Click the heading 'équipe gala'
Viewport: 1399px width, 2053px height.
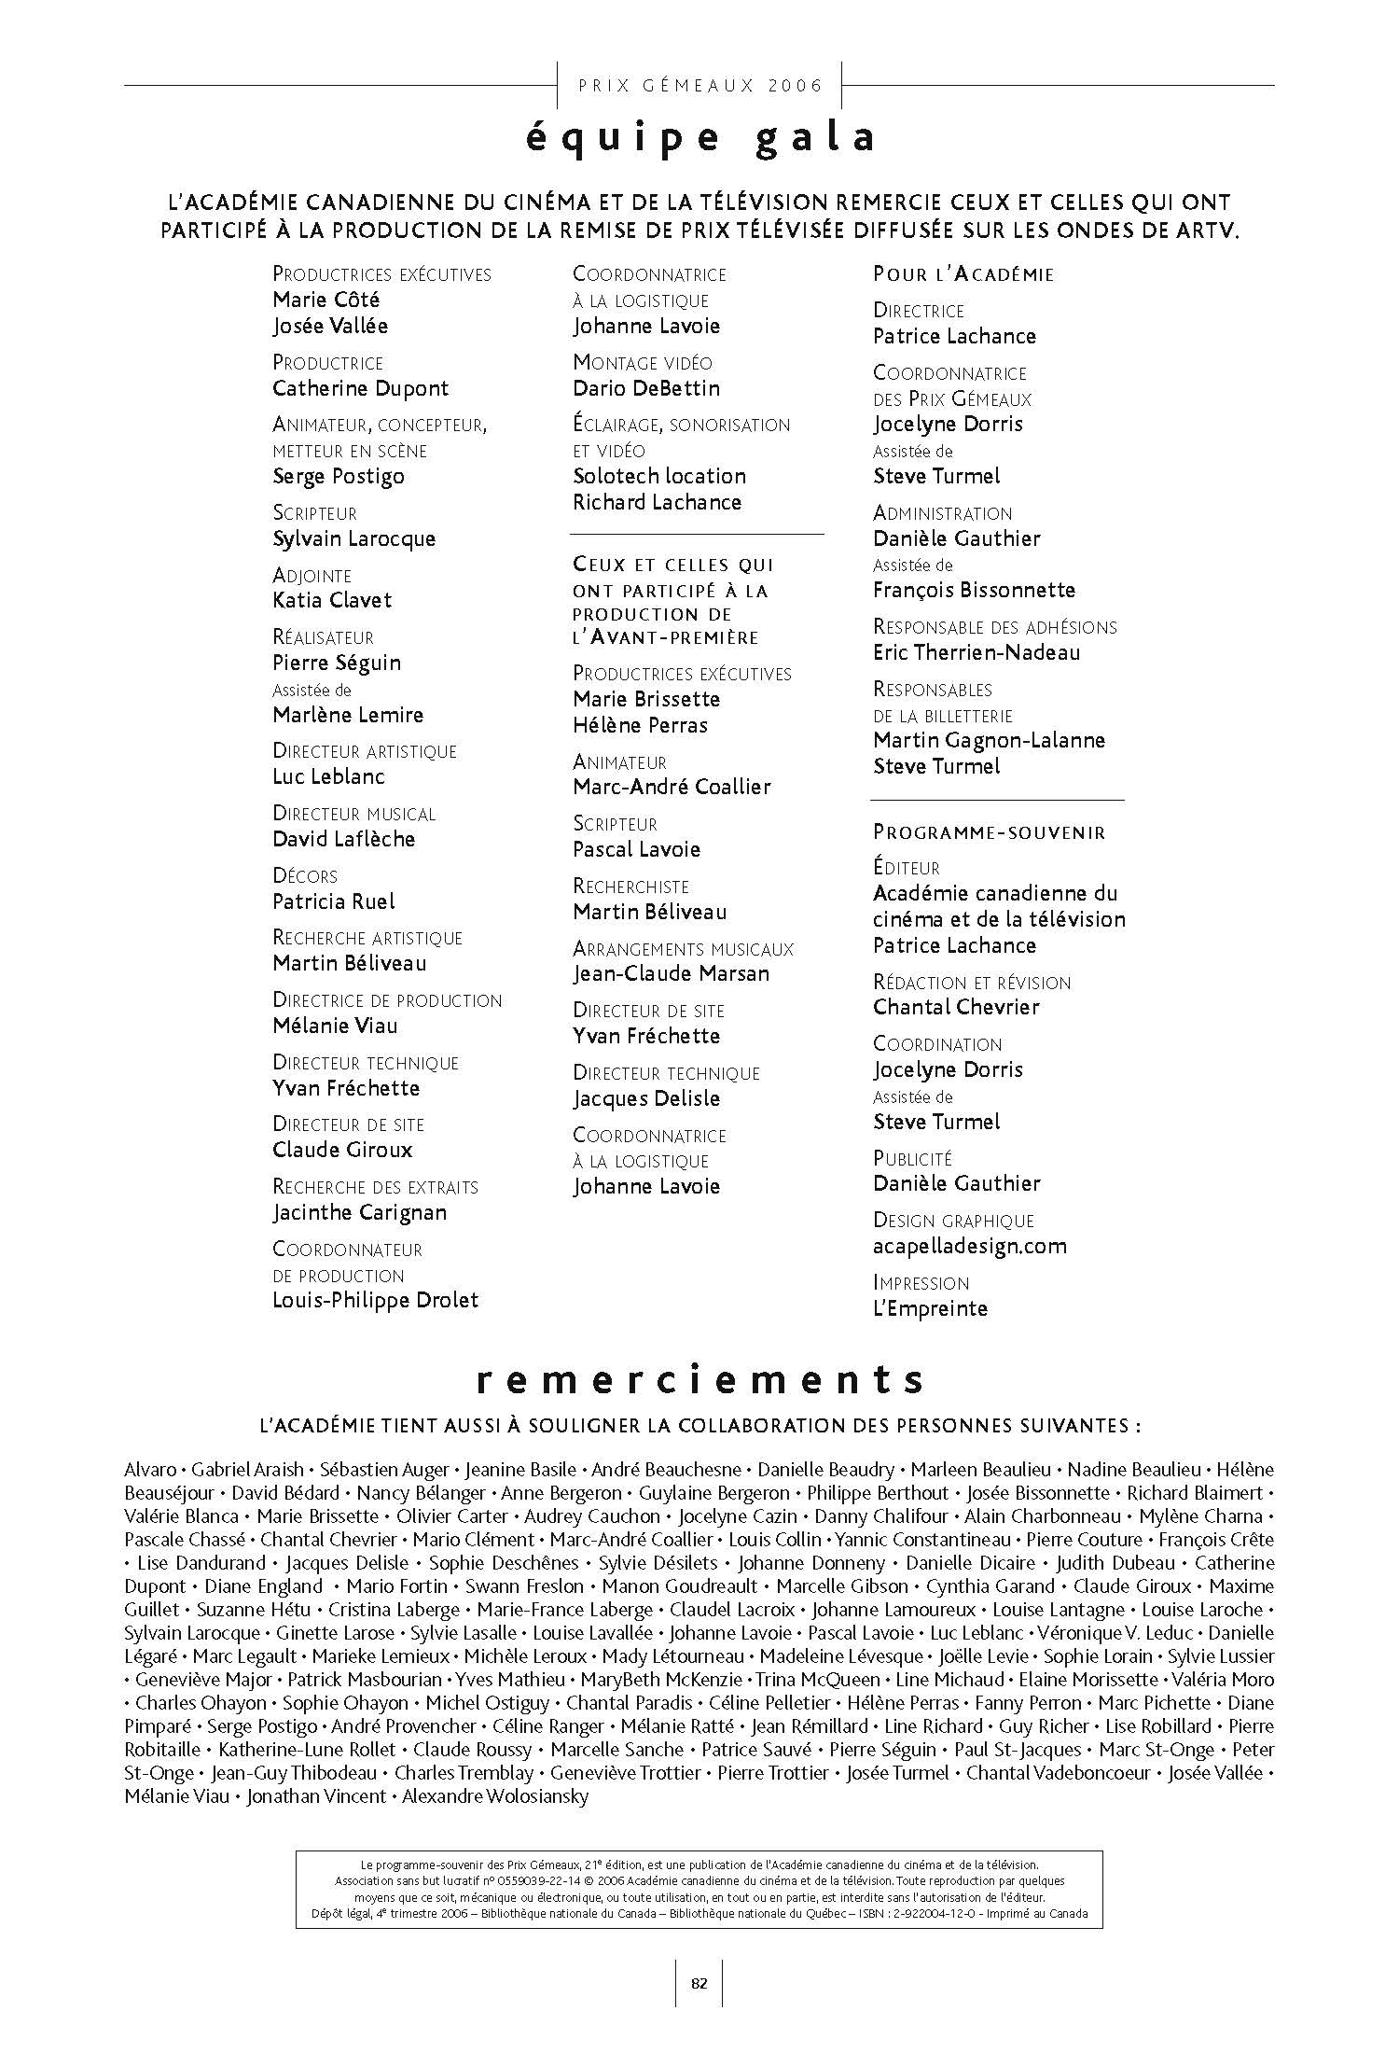click(700, 138)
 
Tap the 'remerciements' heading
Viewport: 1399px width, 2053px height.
click(699, 1379)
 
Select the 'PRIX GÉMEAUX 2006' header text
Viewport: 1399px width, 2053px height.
click(700, 86)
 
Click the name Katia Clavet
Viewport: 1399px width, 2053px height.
click(332, 600)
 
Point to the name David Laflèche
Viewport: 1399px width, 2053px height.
click(343, 839)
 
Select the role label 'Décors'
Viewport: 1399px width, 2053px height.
click(305, 875)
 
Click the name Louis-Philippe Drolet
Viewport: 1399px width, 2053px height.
click(375, 1300)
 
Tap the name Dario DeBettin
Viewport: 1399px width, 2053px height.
click(646, 388)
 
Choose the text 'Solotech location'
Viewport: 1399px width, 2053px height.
click(659, 476)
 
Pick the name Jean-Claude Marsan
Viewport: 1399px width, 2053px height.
click(672, 973)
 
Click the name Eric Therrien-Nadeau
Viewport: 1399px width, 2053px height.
click(977, 652)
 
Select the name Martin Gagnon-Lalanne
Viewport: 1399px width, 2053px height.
click(989, 740)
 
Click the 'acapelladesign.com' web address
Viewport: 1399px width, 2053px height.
click(970, 1246)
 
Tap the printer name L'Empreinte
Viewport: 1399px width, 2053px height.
click(930, 1308)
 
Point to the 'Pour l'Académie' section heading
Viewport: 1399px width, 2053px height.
click(963, 274)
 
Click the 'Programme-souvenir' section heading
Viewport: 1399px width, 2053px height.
click(989, 832)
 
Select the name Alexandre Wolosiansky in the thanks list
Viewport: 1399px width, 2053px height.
click(495, 1796)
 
